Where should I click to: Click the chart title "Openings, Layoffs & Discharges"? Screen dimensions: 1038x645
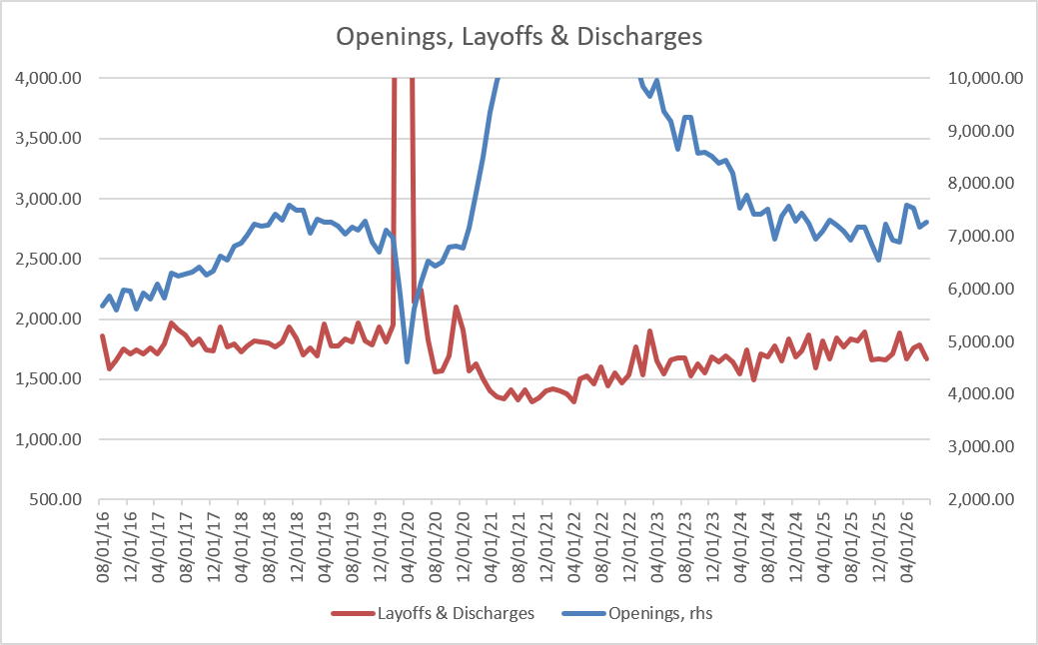click(x=519, y=36)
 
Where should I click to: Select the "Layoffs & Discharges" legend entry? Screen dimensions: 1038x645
click(x=433, y=613)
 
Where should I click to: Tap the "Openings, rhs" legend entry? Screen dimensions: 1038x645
click(x=637, y=613)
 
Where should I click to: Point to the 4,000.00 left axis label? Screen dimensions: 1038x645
click(x=48, y=78)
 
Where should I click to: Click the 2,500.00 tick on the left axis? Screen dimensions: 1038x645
click(x=48, y=259)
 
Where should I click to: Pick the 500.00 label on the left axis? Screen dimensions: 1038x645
click(x=55, y=499)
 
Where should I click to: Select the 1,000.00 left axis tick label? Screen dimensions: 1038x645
click(x=48, y=439)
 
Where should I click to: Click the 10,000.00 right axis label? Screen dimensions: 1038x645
click(x=986, y=78)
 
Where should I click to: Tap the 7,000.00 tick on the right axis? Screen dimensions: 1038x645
click(x=982, y=237)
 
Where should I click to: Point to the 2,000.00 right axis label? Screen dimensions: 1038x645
click(x=982, y=499)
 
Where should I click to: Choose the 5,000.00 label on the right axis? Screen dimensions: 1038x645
click(x=982, y=341)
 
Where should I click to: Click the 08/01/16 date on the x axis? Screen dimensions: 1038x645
click(x=103, y=547)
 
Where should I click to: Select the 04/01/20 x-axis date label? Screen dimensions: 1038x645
click(x=408, y=547)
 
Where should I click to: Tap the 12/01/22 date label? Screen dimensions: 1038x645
click(x=629, y=547)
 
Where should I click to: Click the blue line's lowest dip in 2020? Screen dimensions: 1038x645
click(x=408, y=361)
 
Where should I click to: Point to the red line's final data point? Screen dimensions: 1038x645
click(x=927, y=359)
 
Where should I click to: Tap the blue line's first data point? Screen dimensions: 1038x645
click(x=103, y=307)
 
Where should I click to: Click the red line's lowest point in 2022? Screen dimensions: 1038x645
click(x=573, y=401)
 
